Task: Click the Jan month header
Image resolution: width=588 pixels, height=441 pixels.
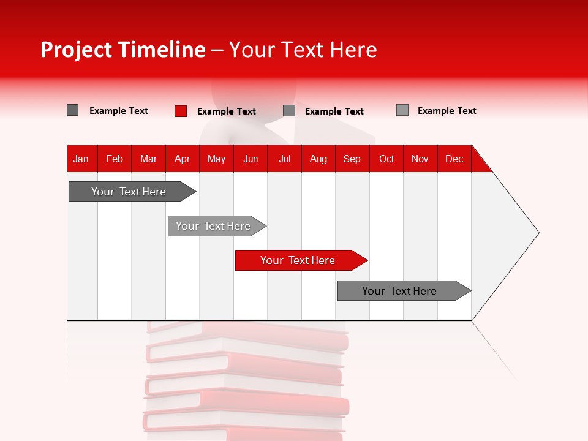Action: pyautogui.click(x=81, y=159)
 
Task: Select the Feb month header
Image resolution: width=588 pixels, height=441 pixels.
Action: pyautogui.click(x=115, y=159)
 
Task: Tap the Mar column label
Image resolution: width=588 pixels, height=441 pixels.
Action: pyautogui.click(x=148, y=159)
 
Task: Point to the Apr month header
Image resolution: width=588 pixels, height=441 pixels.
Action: pyautogui.click(x=182, y=159)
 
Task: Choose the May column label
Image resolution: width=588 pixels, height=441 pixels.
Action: pyautogui.click(x=216, y=159)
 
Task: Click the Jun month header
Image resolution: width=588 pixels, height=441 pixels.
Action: pyautogui.click(x=251, y=159)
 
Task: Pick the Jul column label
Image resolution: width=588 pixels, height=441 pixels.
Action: pyautogui.click(x=284, y=159)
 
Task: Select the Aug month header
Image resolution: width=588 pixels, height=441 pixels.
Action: pyautogui.click(x=318, y=159)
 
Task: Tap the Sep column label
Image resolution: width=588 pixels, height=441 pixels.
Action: pyautogui.click(x=352, y=159)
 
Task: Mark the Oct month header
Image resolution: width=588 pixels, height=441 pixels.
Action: pyautogui.click(x=386, y=159)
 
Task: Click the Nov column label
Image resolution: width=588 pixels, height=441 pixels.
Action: pyautogui.click(x=420, y=159)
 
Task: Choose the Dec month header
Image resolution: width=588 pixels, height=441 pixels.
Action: pyautogui.click(x=454, y=159)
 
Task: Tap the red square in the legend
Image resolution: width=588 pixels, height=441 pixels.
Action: pyautogui.click(x=181, y=111)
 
